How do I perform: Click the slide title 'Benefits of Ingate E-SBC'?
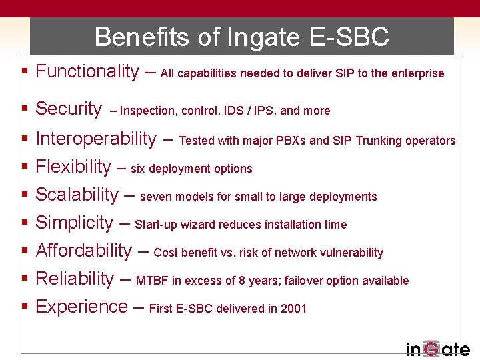pyautogui.click(x=241, y=37)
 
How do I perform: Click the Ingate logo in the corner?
pyautogui.click(x=437, y=349)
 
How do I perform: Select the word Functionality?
pyautogui.click(x=87, y=71)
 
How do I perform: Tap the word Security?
pyautogui.click(x=68, y=109)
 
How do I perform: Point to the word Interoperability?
pyautogui.click(x=95, y=139)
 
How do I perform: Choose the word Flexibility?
pyautogui.click(x=73, y=167)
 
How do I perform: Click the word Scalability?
pyautogui.click(x=76, y=195)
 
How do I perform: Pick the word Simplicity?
pyautogui.click(x=74, y=223)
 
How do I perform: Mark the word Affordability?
pyautogui.click(x=83, y=251)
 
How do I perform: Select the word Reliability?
pyautogui.click(x=75, y=279)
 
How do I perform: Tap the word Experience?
pyautogui.click(x=81, y=307)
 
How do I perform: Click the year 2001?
pyautogui.click(x=293, y=309)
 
